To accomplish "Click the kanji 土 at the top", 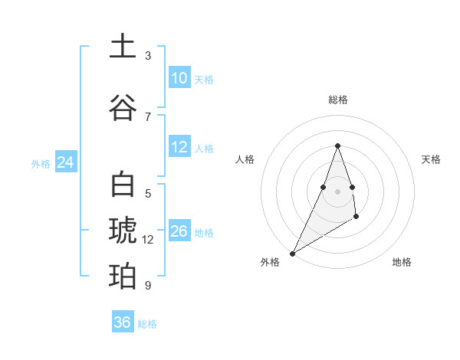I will tap(123, 47).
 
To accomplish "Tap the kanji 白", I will tap(123, 186).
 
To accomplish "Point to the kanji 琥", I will tap(123, 231).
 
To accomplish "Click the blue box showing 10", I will tap(179, 77).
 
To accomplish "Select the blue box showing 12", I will tap(179, 147).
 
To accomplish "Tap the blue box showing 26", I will tap(179, 231).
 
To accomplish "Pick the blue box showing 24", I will tap(65, 162).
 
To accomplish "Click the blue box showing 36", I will tap(122, 322).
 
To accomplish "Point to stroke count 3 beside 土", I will tap(148, 56).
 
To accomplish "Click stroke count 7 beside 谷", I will tap(148, 116).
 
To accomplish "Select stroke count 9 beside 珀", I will tap(148, 286).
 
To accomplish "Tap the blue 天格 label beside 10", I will tap(204, 79).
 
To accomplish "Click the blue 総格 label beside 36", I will tap(147, 324).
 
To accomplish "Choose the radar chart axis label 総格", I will tap(337, 100).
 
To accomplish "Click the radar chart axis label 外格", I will tap(270, 262).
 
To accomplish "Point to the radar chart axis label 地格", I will tap(402, 262).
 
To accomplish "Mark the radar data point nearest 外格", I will tap(292, 253).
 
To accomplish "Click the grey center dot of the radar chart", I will tap(337, 191).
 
